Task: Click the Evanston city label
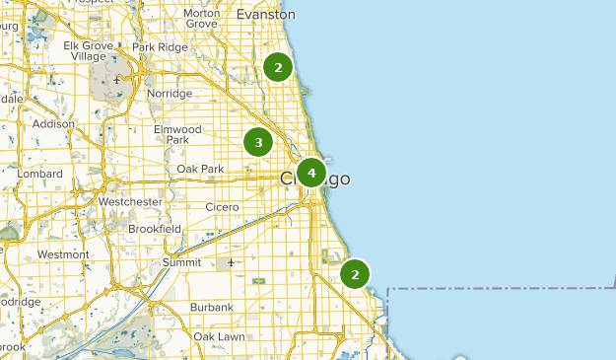click(265, 15)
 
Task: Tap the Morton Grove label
click(201, 20)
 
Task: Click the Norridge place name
click(169, 93)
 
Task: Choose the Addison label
click(53, 124)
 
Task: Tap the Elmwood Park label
click(177, 135)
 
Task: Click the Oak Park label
click(201, 170)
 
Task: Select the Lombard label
click(38, 174)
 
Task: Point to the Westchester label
click(130, 201)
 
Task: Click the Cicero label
click(222, 207)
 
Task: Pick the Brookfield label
click(155, 228)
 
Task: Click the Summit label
click(181, 262)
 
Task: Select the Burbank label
click(212, 307)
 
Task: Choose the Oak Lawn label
click(219, 336)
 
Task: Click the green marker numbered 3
click(258, 143)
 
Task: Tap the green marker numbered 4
click(311, 174)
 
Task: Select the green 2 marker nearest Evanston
click(279, 67)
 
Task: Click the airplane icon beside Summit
click(231, 262)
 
